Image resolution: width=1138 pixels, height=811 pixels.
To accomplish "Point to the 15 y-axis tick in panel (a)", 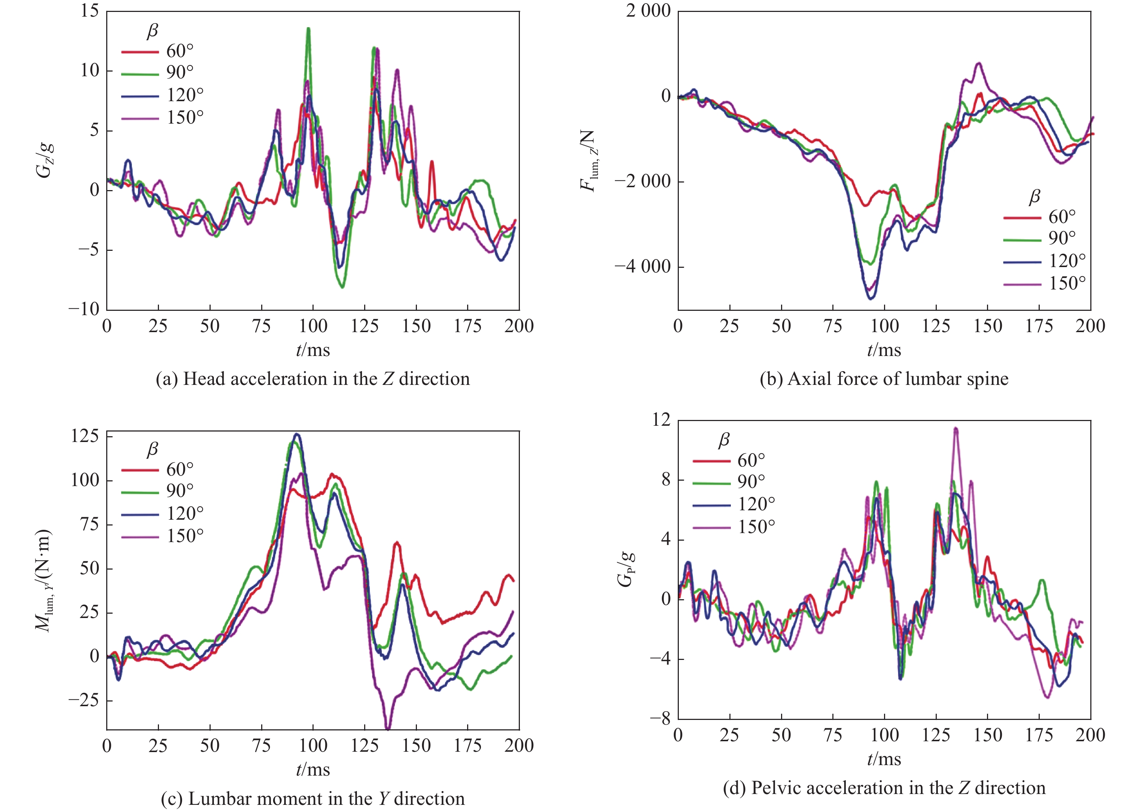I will click(90, 11).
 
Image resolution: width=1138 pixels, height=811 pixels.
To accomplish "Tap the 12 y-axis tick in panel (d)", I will click(661, 420).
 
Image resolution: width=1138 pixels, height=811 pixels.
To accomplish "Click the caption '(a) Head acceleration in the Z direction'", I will click(313, 379).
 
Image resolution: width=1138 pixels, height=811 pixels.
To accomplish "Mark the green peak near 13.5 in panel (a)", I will click(309, 29).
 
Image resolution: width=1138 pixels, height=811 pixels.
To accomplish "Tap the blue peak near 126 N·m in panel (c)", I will click(297, 434).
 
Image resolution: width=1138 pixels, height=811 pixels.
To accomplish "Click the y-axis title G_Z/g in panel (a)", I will click(44, 160).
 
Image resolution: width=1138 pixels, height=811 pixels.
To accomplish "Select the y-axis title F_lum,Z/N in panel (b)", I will click(588, 160).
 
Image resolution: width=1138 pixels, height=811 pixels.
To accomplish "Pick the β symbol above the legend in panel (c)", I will click(152, 450).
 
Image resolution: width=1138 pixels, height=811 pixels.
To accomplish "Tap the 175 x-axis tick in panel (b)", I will click(1039, 326).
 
